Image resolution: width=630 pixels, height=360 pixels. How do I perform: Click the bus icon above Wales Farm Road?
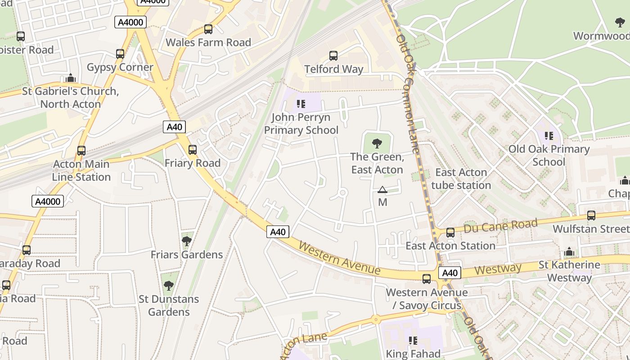point(208,29)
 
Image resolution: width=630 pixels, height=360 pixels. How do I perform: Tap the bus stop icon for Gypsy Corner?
point(120,54)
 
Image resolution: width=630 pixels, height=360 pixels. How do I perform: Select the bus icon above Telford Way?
point(333,56)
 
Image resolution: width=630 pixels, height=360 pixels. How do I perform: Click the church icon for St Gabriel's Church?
point(70,78)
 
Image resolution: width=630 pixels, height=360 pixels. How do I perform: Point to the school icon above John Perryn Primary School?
point(301,104)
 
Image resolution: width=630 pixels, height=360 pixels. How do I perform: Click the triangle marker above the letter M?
point(382,190)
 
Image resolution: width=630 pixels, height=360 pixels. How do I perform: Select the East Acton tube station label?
point(461,179)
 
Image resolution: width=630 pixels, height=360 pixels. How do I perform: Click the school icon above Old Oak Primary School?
point(549,135)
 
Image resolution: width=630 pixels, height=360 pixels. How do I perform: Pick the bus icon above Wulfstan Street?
point(591,216)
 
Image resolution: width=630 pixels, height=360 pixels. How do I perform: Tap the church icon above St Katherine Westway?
point(569,252)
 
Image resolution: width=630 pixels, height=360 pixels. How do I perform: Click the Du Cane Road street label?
point(500,226)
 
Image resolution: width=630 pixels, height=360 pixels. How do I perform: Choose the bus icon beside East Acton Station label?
point(450,233)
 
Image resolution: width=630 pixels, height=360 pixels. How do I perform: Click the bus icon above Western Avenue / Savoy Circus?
point(426,279)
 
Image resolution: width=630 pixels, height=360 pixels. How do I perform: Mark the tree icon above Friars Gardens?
point(186,242)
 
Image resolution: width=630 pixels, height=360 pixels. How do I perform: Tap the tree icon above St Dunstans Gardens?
point(168,286)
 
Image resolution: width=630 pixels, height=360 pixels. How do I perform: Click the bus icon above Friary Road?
point(192,150)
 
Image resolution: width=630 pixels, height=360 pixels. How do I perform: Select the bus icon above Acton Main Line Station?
point(81,151)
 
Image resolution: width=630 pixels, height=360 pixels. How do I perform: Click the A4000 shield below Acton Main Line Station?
point(48,201)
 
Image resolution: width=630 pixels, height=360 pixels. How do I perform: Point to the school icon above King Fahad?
point(413,341)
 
